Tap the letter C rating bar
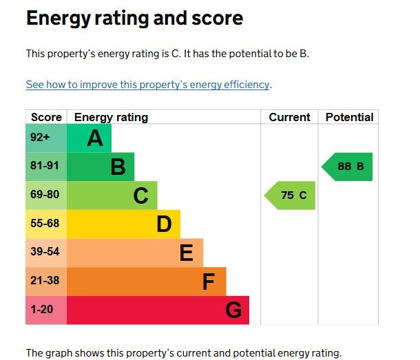112,195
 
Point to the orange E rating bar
135,253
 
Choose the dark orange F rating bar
147,282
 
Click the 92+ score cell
46,138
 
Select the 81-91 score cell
46,167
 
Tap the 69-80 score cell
46,195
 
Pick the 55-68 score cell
46,224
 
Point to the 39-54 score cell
46,253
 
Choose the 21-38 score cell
46,282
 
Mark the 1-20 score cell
46,310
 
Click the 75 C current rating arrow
291,195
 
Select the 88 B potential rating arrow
348,167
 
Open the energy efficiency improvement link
147,85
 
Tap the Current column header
289,117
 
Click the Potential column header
349,117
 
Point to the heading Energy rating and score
134,19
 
